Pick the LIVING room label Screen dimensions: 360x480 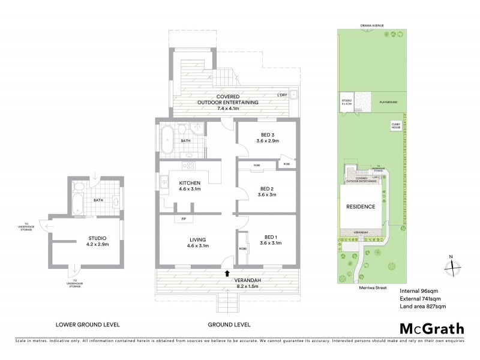[190, 241]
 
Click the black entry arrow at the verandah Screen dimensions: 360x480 [227, 273]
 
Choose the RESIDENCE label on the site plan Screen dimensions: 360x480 [361, 206]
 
